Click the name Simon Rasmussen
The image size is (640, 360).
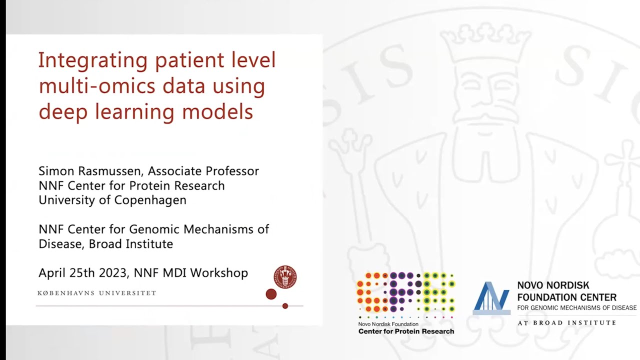[x=90, y=171]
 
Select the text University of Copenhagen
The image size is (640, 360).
[x=112, y=200]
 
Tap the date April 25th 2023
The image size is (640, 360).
[x=83, y=273]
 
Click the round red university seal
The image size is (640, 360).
[x=285, y=276]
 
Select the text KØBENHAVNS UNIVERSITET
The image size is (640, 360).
[x=97, y=293]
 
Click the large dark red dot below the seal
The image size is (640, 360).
[x=271, y=294]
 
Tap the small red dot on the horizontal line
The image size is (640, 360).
[x=285, y=306]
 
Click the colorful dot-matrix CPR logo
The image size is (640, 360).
[x=405, y=295]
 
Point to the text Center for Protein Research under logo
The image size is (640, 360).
[x=406, y=331]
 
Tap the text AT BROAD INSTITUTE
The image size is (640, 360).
[x=566, y=323]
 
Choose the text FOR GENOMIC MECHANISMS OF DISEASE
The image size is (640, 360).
[x=576, y=308]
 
